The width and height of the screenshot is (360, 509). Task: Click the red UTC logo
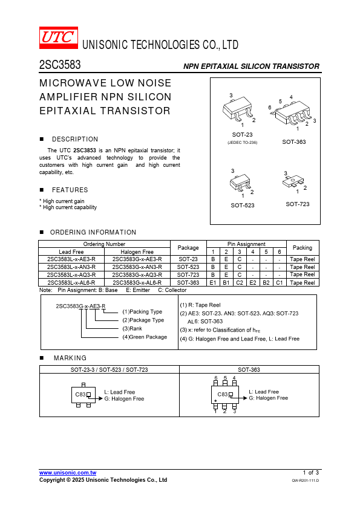tap(59, 37)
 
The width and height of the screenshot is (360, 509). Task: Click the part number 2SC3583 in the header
tap(60, 65)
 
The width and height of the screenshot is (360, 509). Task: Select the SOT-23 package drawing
tap(238, 109)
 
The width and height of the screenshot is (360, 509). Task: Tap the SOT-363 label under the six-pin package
tap(293, 142)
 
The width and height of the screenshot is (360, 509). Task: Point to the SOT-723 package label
tap(297, 204)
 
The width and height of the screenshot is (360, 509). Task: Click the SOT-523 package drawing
tap(241, 183)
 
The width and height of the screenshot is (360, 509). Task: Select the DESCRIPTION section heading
tap(75, 139)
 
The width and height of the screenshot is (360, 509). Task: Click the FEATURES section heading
tap(70, 190)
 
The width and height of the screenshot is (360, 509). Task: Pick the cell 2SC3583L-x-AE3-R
tap(71, 259)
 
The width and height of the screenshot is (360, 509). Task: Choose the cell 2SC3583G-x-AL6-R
tap(137, 283)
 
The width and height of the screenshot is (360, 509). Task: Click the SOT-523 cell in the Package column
tap(188, 267)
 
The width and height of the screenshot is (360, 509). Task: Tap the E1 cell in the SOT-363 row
tap(213, 283)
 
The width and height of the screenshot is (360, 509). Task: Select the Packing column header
tap(303, 248)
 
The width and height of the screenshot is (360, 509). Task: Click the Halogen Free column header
tap(137, 252)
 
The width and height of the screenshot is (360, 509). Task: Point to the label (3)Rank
tap(132, 328)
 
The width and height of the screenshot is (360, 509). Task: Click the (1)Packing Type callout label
tap(142, 312)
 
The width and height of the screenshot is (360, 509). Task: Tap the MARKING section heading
tap(70, 358)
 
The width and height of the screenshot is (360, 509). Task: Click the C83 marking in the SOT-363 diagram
tap(223, 394)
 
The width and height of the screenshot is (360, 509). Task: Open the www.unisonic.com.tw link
tap(68, 473)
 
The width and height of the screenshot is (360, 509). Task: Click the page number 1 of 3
tap(311, 473)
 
